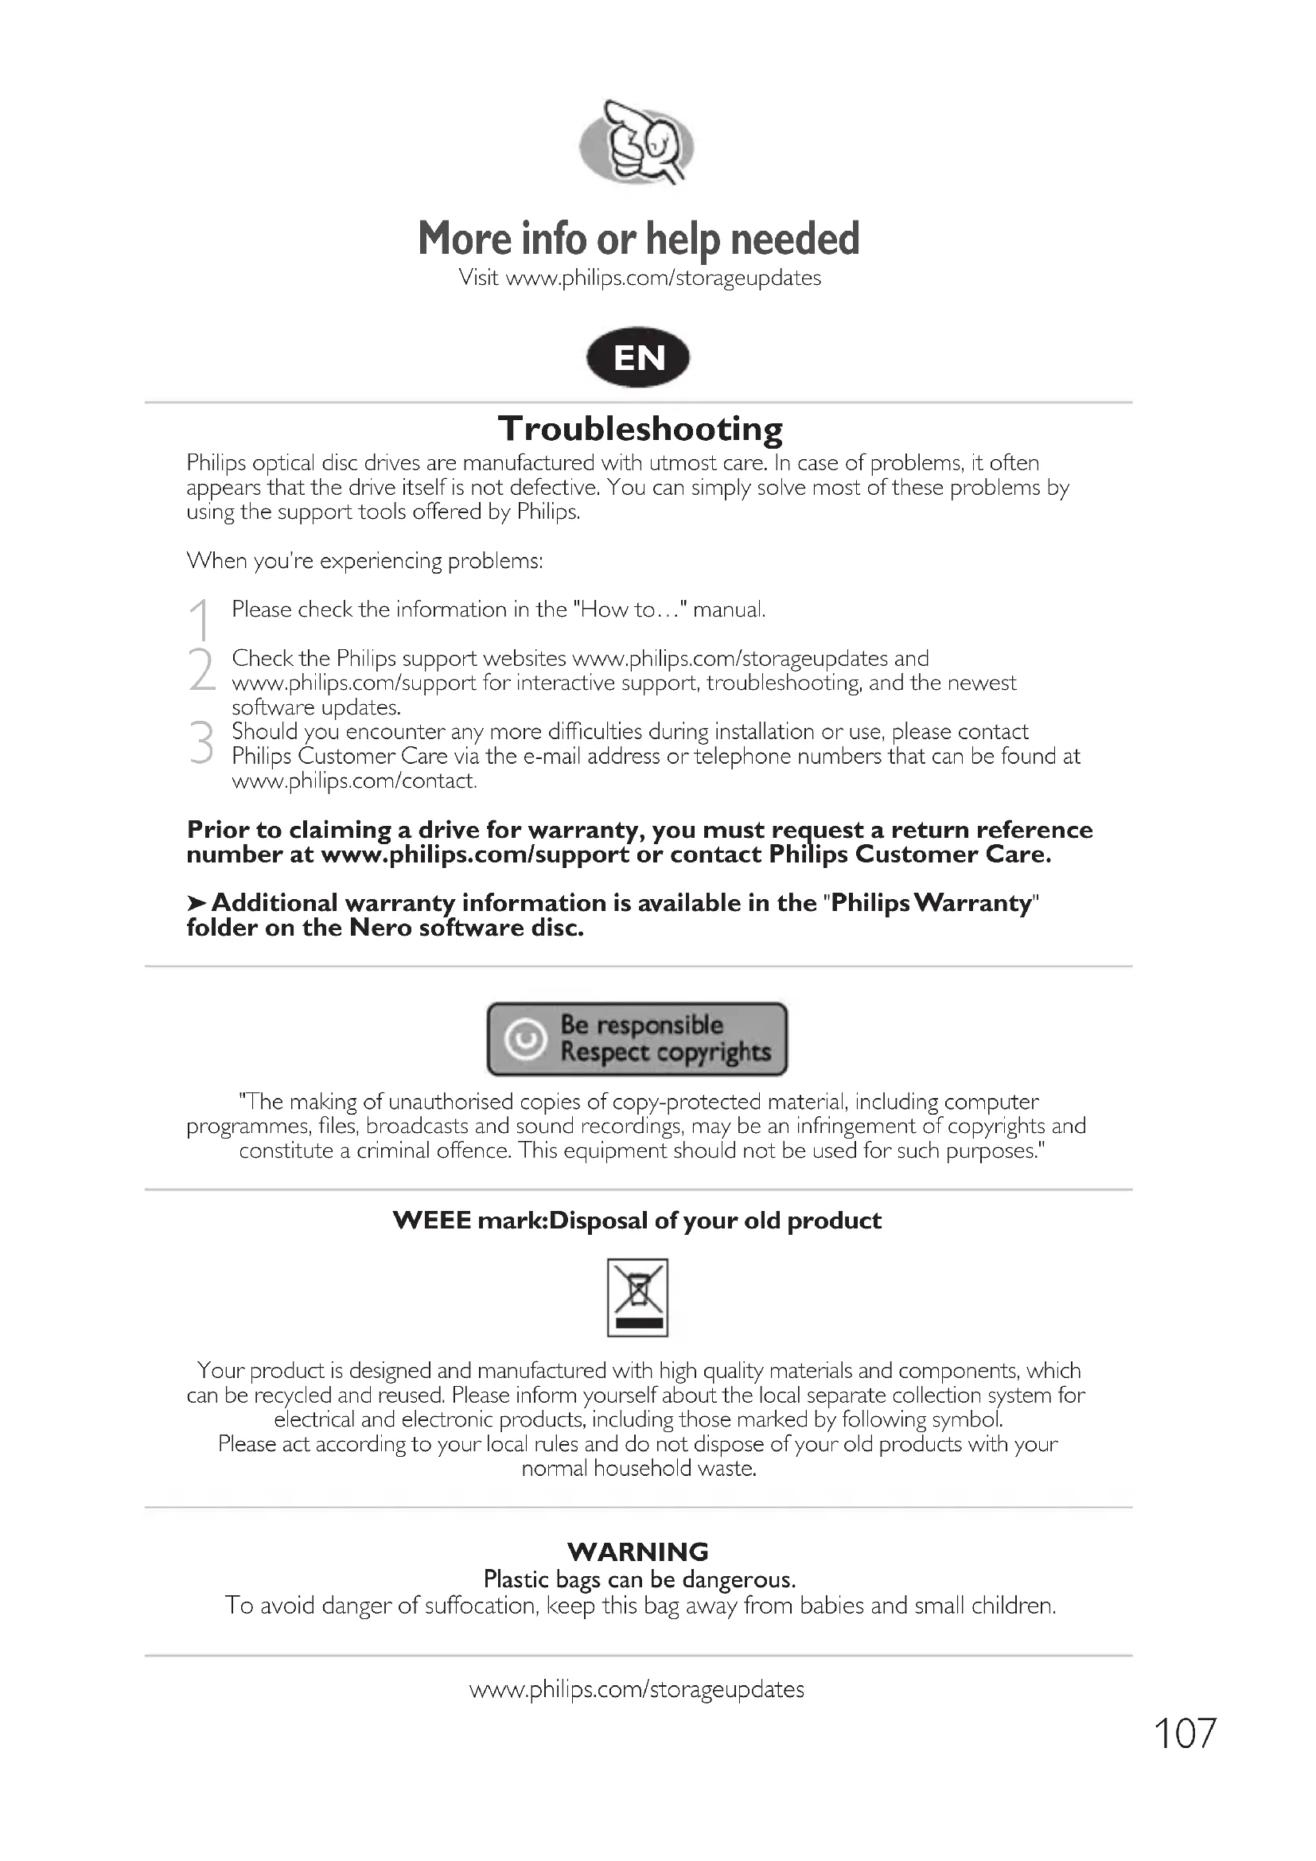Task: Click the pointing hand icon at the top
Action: point(637,143)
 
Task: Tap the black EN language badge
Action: point(639,357)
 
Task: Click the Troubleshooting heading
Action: point(640,429)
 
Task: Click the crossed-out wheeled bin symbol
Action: point(638,1297)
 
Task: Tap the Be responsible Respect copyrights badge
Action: point(637,1039)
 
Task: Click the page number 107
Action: point(1184,1734)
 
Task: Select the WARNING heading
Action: point(639,1552)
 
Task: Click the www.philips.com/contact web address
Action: point(353,781)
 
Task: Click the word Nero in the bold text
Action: point(380,928)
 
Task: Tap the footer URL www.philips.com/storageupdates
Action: point(637,1689)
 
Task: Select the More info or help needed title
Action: point(639,239)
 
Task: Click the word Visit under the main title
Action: point(478,278)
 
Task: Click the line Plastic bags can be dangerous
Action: point(640,1579)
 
